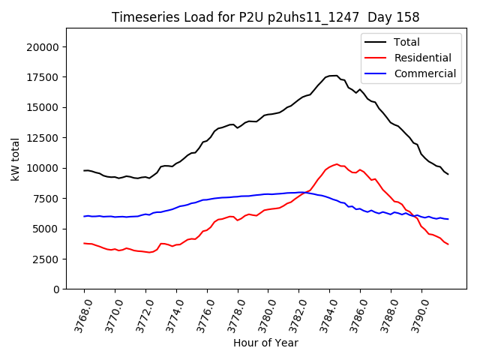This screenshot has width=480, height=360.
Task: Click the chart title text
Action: [265, 16]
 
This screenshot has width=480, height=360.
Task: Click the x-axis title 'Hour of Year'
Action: [265, 343]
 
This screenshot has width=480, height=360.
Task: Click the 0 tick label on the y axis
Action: [57, 289]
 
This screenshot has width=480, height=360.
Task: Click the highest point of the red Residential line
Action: [337, 163]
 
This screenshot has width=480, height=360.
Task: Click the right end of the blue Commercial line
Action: [448, 219]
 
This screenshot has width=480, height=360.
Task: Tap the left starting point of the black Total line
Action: [84, 170]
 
